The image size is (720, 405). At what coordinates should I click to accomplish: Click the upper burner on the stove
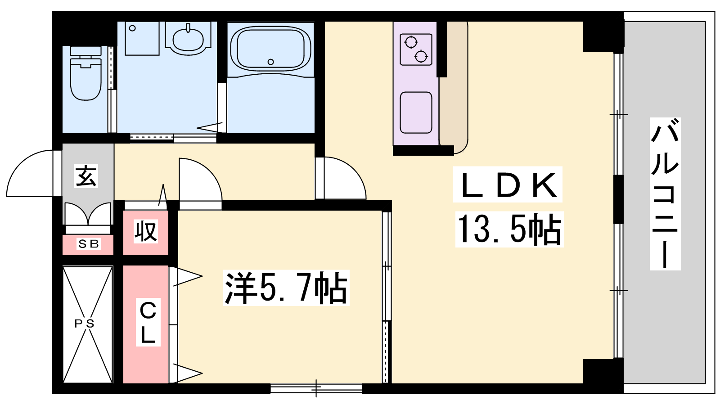point(411,42)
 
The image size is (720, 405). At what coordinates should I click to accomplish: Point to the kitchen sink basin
point(416,112)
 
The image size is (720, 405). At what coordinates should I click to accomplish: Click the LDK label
point(508,184)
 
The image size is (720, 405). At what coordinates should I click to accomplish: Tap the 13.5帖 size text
point(509,229)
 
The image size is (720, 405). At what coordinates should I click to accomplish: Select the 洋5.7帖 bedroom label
point(286,288)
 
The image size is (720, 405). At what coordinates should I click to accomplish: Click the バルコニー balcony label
point(665,194)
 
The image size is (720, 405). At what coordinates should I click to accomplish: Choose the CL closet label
point(148,322)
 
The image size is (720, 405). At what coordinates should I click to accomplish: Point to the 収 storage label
point(146,231)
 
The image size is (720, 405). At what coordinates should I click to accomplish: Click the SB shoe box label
point(89,244)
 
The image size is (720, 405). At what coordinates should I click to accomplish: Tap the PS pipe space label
point(85,324)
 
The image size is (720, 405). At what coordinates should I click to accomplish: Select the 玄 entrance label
point(86,176)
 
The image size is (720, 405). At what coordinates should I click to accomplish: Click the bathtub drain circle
point(270,62)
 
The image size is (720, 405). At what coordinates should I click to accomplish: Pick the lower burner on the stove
point(421,57)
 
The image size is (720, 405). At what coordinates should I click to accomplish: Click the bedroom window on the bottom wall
point(316,388)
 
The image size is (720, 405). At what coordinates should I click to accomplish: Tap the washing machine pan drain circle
point(132,28)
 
